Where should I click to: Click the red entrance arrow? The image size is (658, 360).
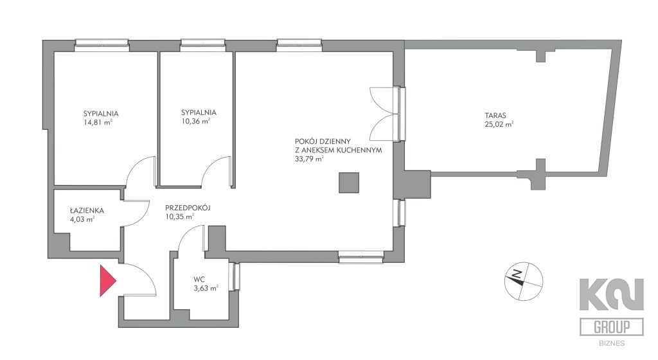pyautogui.click(x=107, y=281)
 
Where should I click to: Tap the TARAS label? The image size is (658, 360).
pyautogui.click(x=495, y=115)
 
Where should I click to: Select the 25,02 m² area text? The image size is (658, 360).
pyautogui.click(x=499, y=124)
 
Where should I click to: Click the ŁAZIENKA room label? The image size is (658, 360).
pyautogui.click(x=87, y=211)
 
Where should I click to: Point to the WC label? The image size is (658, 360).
pyautogui.click(x=199, y=280)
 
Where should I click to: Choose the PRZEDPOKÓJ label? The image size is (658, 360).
pyautogui.click(x=188, y=208)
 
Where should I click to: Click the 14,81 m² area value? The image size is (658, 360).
pyautogui.click(x=98, y=123)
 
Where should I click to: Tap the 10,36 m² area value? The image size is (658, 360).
pyautogui.click(x=195, y=122)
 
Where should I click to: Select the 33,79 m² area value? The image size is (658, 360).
pyautogui.click(x=309, y=159)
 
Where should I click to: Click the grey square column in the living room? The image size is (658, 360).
pyautogui.click(x=349, y=183)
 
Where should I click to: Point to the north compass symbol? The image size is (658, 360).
pyautogui.click(x=523, y=281)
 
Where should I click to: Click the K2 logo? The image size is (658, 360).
pyautogui.click(x=612, y=294)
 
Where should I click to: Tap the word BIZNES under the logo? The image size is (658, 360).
pyautogui.click(x=612, y=343)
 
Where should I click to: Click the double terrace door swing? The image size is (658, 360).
pyautogui.click(x=384, y=114)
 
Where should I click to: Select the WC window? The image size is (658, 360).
pyautogui.click(x=236, y=276)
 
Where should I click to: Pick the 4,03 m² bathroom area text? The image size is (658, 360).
pyautogui.click(x=82, y=219)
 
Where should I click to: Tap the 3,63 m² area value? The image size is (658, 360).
pyautogui.click(x=206, y=288)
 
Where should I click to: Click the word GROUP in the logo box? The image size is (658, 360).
pyautogui.click(x=612, y=327)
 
